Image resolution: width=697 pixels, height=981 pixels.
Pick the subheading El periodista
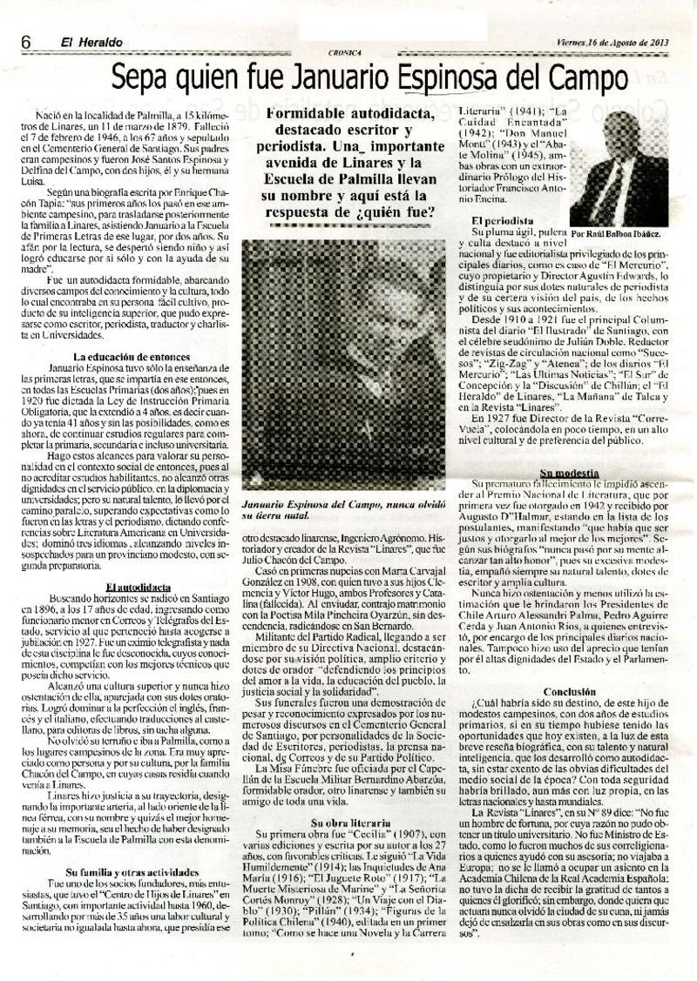[502, 222]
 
